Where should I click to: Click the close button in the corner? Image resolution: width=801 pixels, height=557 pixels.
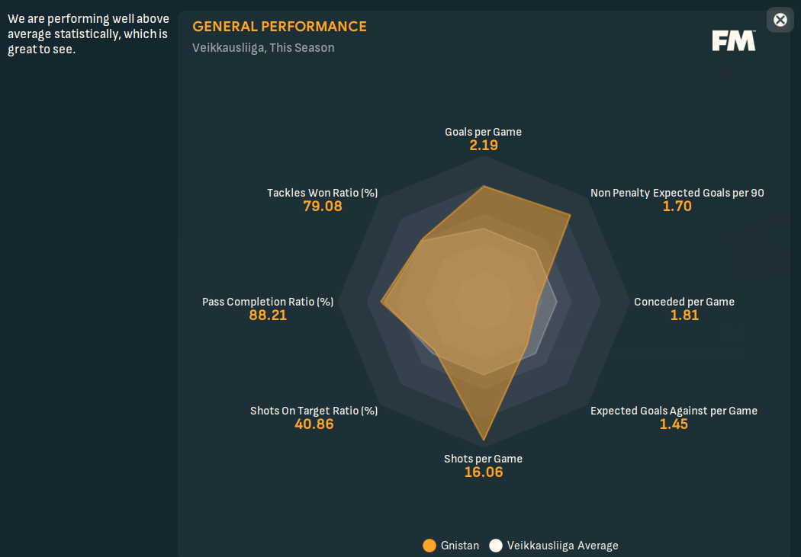780,20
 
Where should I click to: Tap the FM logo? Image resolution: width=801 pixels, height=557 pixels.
734,41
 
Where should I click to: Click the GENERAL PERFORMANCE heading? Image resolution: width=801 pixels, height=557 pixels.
279,27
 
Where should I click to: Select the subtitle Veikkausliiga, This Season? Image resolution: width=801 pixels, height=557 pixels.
263,48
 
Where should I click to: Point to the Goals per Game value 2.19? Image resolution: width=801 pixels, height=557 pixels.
484,145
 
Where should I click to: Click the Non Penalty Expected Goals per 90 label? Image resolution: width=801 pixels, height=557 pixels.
677,193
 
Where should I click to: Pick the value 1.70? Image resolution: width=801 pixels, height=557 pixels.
677,206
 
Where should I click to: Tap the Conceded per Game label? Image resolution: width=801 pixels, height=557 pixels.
684,302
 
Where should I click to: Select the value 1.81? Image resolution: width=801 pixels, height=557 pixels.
684,315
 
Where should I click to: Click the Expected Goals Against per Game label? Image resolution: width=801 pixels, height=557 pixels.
674,411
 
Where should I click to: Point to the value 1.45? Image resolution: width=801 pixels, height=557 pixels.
674,424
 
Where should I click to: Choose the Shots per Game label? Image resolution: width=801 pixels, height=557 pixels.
483,459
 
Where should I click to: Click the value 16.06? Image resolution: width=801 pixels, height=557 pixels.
484,472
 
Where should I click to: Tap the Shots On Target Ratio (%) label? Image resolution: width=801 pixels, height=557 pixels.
314,411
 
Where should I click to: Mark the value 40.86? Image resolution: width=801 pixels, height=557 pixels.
314,424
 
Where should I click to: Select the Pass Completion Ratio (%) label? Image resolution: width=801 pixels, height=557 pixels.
268,302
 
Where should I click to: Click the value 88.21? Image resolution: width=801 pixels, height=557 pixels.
268,315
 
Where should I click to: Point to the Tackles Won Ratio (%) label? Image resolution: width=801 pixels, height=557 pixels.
322,193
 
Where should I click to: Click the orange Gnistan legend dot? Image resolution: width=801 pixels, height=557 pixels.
429,546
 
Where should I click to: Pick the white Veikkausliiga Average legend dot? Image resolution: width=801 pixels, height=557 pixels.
496,546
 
